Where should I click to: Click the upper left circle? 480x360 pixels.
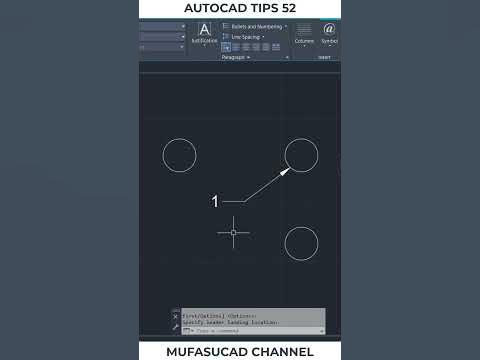click(x=179, y=155)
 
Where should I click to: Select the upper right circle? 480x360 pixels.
click(x=301, y=155)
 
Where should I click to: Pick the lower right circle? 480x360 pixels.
click(x=301, y=243)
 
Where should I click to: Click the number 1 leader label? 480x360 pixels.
click(x=215, y=202)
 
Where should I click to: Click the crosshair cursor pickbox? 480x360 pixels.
click(x=234, y=232)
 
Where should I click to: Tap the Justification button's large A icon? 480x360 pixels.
click(x=205, y=30)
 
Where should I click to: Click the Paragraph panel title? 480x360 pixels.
click(x=235, y=57)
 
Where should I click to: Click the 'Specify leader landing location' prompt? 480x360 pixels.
click(x=231, y=323)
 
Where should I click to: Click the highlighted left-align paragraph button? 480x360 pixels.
click(x=226, y=47)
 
